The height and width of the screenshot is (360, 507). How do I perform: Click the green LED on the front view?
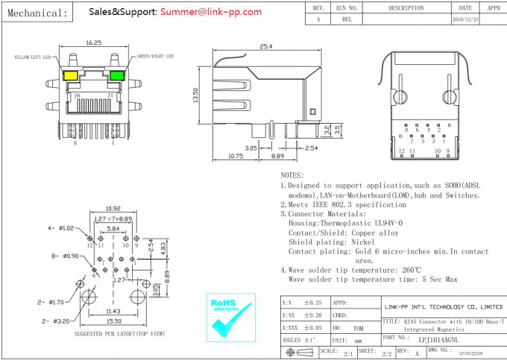(116, 75)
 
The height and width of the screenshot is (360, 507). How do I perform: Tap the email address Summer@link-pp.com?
(210, 12)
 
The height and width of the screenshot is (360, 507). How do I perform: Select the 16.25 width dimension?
(94, 43)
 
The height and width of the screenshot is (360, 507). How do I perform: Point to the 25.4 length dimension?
(265, 47)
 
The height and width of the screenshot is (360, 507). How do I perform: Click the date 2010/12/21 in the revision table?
(466, 19)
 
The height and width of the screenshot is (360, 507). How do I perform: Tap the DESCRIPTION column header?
(406, 7)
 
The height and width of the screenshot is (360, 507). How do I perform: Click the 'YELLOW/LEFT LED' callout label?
(32, 57)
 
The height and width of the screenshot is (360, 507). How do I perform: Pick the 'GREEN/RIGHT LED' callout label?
(155, 57)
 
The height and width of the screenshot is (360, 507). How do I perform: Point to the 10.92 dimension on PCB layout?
(113, 209)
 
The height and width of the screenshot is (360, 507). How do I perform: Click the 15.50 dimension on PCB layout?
(113, 321)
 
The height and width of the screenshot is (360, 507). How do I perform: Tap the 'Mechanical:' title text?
(36, 13)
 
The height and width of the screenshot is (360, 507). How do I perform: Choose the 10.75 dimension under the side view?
(236, 157)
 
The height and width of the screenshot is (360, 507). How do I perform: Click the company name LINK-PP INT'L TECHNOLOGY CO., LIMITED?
(443, 306)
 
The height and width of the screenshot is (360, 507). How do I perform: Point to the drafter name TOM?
(359, 327)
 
